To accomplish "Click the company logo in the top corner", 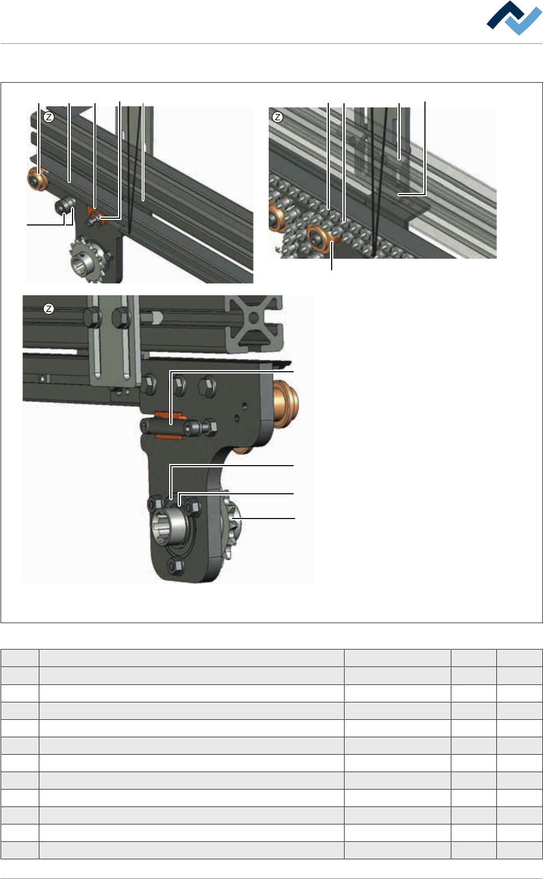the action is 514,18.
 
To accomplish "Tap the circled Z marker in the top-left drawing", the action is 49,117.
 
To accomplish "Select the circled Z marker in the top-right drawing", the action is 278,117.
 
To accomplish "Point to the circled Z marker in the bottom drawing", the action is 49,309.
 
